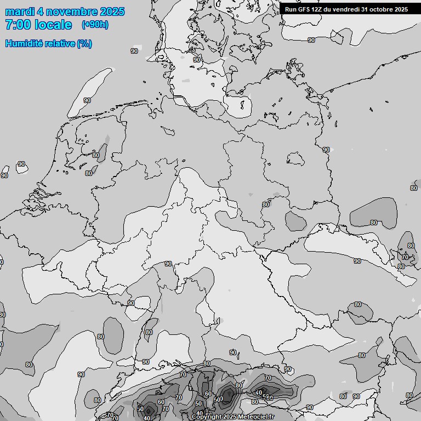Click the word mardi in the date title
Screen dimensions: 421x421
point(20,12)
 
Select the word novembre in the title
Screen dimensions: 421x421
point(72,12)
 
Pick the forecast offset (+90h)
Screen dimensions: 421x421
point(94,25)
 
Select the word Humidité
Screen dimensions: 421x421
point(25,43)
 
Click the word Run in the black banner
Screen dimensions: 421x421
point(291,9)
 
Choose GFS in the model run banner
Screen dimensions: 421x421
point(304,9)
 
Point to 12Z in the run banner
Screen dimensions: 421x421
point(317,9)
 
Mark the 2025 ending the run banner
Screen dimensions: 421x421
point(401,9)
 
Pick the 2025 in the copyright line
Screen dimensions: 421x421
point(231,417)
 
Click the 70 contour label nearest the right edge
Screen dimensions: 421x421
point(405,257)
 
